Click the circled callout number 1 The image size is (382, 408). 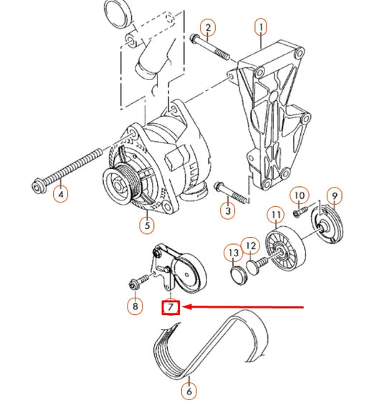pos(261,29)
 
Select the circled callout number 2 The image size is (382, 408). pos(207,29)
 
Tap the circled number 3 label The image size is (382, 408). pos(228,210)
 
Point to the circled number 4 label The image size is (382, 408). pos(61,193)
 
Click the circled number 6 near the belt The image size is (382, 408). pos(188,392)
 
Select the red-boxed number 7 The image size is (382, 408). pos(171,308)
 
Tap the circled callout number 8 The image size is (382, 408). pos(135,307)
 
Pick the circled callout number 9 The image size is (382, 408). pos(334,195)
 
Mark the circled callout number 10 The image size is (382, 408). pos(300,195)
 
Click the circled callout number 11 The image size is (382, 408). pos(274,214)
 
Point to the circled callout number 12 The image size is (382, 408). pos(249,247)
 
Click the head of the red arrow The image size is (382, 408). pos(183,308)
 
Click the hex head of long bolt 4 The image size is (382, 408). pos(39,187)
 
